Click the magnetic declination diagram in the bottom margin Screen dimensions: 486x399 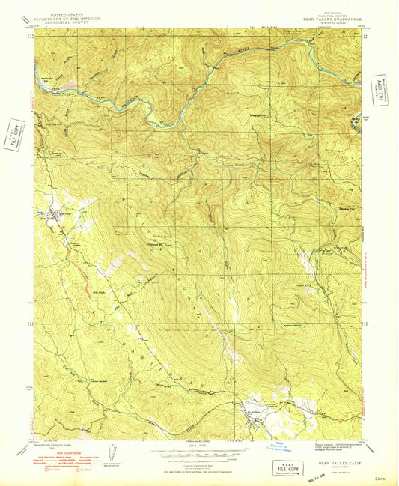pos(113,452)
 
